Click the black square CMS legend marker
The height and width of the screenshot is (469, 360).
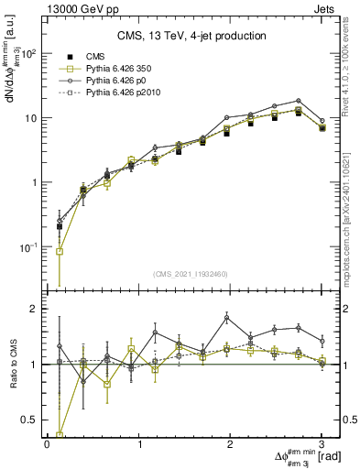(x=66, y=57)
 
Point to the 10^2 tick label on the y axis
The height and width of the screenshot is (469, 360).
(x=27, y=54)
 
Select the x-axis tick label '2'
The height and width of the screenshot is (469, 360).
(x=231, y=443)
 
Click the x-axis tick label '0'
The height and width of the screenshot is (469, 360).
(x=47, y=443)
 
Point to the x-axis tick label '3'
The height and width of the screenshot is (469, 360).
(x=322, y=443)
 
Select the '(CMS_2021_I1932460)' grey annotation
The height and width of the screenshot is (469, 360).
(x=191, y=273)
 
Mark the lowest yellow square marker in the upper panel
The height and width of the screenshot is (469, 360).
(x=60, y=252)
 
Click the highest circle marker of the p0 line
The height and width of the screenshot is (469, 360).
(x=299, y=101)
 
